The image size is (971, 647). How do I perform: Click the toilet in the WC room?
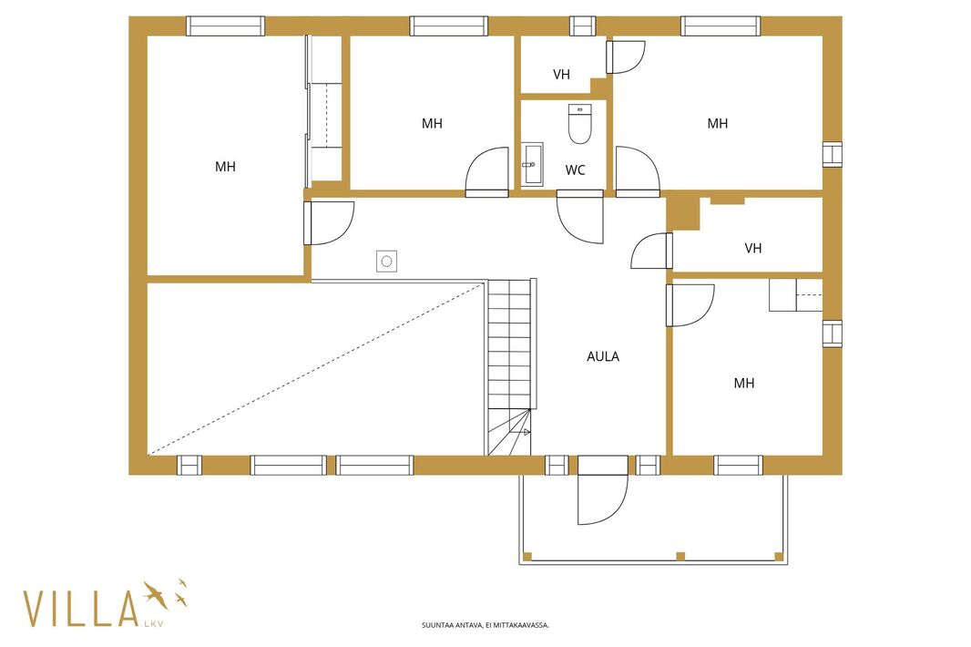pyautogui.click(x=579, y=123)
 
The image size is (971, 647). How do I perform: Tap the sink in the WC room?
pyautogui.click(x=532, y=164)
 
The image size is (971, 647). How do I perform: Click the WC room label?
pyautogui.click(x=576, y=169)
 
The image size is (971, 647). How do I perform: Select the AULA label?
pyautogui.click(x=602, y=356)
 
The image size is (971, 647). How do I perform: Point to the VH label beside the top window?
pyautogui.click(x=561, y=75)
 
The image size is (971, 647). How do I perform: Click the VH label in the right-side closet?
pyautogui.click(x=752, y=249)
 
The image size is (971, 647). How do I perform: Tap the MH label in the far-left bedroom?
pyautogui.click(x=225, y=167)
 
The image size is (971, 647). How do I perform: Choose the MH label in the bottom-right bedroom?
pyautogui.click(x=743, y=383)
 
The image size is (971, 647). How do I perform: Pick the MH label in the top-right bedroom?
pyautogui.click(x=717, y=123)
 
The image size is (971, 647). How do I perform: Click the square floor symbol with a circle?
pyautogui.click(x=386, y=262)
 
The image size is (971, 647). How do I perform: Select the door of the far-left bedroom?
pyautogui.click(x=329, y=223)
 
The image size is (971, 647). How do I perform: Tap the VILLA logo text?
pyautogui.click(x=80, y=609)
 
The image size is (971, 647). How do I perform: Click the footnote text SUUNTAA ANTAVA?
pyautogui.click(x=485, y=625)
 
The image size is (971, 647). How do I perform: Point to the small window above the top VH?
pyautogui.click(x=582, y=26)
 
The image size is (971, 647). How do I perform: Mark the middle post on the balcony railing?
pyautogui.click(x=680, y=556)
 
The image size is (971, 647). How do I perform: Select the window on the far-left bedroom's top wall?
pyautogui.click(x=225, y=26)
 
